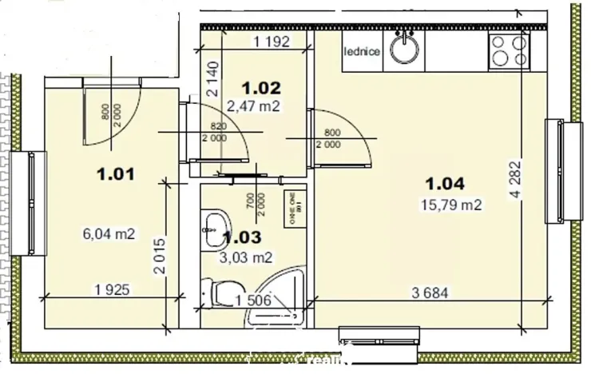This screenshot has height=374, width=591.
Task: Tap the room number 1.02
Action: (263, 88)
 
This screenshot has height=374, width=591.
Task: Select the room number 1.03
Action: (241, 237)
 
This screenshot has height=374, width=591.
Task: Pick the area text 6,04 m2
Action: (109, 234)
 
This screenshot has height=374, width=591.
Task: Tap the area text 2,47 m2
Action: (253, 106)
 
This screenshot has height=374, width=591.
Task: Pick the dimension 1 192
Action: (270, 41)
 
